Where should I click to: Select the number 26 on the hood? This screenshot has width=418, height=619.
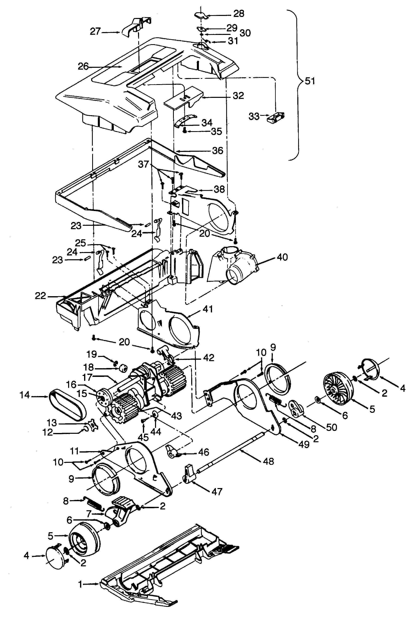[x=83, y=67]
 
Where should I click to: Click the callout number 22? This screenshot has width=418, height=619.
[x=40, y=296]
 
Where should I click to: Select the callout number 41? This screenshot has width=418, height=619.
[x=208, y=309]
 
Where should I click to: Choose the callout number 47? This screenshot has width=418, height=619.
[x=217, y=491]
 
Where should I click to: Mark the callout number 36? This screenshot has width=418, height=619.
[x=217, y=151]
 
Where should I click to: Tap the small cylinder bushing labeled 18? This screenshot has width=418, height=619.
[x=123, y=368]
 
